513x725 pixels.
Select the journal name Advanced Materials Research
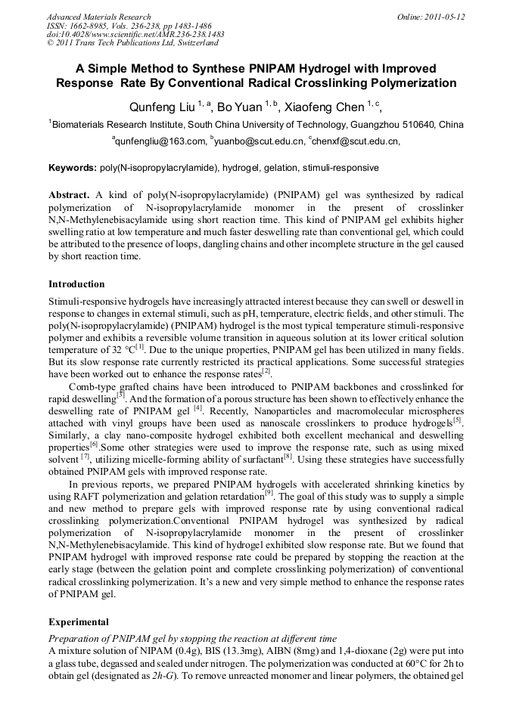click(x=98, y=16)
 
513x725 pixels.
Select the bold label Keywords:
click(x=73, y=167)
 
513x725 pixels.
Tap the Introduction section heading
click(x=76, y=284)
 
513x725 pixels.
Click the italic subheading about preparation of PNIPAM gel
click(x=192, y=639)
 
